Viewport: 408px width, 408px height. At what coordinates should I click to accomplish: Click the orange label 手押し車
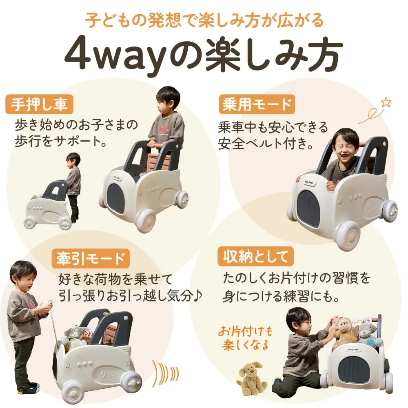(x=40, y=105)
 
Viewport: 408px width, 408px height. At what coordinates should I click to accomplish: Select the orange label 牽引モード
(x=90, y=258)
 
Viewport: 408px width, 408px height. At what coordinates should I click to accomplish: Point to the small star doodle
(x=386, y=102)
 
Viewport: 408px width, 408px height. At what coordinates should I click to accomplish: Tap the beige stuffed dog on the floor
(x=252, y=377)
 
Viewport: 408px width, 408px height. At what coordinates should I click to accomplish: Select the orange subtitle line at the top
(x=204, y=19)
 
